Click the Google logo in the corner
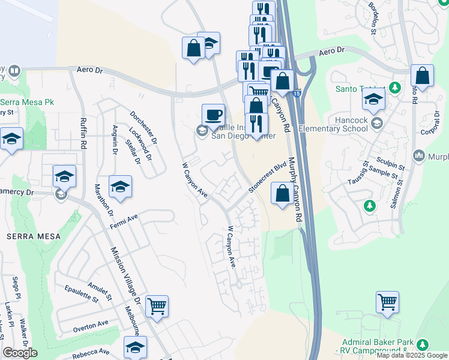click(x=20, y=353)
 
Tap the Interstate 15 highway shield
click(x=298, y=94)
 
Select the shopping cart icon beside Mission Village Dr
click(x=157, y=307)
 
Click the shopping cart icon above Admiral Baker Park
click(x=387, y=302)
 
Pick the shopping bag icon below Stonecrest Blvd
click(x=282, y=194)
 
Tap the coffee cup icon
click(x=213, y=114)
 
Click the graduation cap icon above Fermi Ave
click(x=120, y=187)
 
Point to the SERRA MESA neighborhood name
click(x=34, y=236)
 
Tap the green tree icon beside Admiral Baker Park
click(x=423, y=345)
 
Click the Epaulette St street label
click(x=83, y=293)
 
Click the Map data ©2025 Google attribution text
click(x=412, y=355)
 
